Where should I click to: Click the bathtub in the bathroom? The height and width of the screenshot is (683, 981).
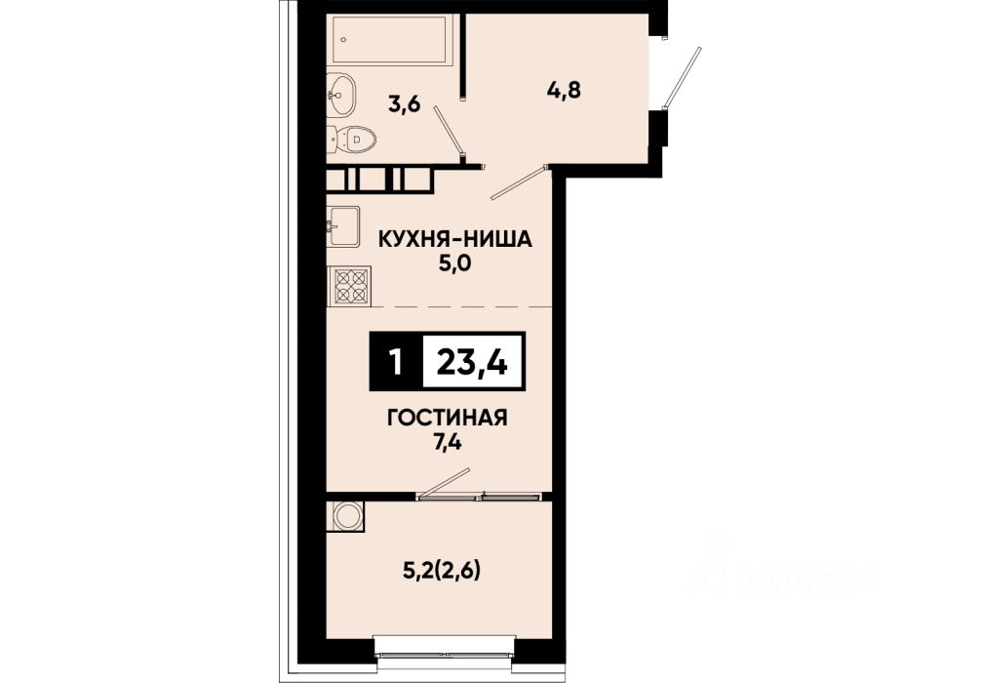point(388,39)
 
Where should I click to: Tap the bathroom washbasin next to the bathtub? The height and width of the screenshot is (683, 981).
point(341,96)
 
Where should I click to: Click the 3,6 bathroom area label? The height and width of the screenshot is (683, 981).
point(404,104)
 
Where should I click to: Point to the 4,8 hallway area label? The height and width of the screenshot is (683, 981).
point(564,90)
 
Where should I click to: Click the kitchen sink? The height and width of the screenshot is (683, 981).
point(343,226)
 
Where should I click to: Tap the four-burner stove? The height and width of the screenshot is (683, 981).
point(349,286)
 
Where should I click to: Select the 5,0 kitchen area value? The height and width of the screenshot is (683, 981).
point(453,264)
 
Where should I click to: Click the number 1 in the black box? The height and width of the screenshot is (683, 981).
point(395,362)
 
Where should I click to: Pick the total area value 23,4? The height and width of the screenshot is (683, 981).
point(472,362)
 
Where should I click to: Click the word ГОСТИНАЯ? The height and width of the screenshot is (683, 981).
point(447,418)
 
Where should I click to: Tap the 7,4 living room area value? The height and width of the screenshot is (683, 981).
point(447,443)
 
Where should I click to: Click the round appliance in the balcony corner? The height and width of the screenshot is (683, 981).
point(345,516)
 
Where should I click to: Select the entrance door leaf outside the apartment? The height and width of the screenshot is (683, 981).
point(682,76)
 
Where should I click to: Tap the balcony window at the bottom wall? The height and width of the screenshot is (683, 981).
point(445,649)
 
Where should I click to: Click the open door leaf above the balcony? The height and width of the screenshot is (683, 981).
point(444,483)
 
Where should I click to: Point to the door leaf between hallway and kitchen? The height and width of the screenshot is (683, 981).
point(520,182)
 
